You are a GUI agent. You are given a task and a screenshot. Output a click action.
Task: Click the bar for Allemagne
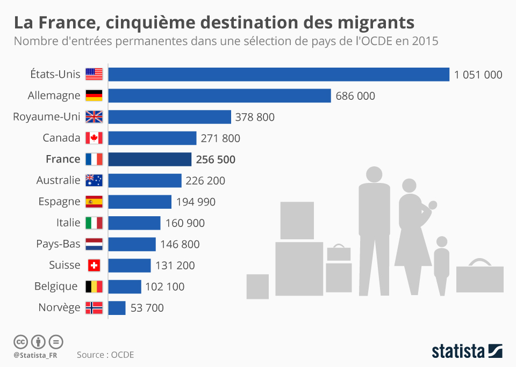coord(219,96)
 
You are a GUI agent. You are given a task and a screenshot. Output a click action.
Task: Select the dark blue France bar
coord(150,159)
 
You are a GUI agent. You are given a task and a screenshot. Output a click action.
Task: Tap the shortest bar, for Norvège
coord(117,307)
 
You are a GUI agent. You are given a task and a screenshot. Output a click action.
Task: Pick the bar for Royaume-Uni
coord(169,117)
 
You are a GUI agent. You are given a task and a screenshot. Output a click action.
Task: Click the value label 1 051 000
coord(478,75)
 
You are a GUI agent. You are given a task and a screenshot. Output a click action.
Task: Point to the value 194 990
coord(196,202)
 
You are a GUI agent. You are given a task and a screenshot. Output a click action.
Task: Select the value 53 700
coord(147,308)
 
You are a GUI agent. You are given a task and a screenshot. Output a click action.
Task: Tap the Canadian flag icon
coord(94,138)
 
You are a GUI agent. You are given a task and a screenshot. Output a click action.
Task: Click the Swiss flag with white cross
coord(94,265)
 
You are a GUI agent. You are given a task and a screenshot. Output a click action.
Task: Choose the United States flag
coord(94,74)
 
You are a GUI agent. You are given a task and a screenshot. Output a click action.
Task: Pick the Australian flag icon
coord(94,180)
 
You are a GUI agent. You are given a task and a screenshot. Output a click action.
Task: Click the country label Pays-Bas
coord(58,244)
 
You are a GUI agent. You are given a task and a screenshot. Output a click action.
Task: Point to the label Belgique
coord(56,287)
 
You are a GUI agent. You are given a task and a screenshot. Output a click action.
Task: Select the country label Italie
coord(68,223)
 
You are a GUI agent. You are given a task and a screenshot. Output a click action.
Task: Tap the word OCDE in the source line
coord(123,355)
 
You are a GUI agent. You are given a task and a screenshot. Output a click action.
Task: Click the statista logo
coord(467,351)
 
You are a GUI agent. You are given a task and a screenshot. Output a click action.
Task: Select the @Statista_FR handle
coord(35,355)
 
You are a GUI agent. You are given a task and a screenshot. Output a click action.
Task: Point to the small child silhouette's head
coord(442,242)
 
